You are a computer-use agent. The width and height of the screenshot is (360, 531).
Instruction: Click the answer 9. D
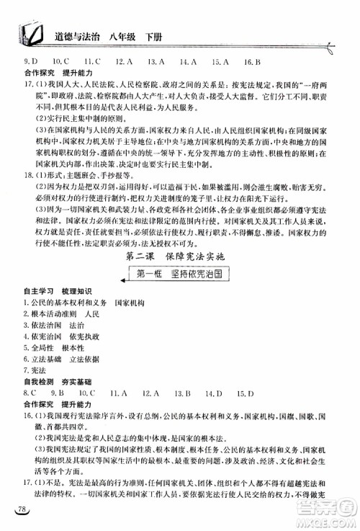pos(31,62)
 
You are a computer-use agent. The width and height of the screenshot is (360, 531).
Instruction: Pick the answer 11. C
pos(90,62)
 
